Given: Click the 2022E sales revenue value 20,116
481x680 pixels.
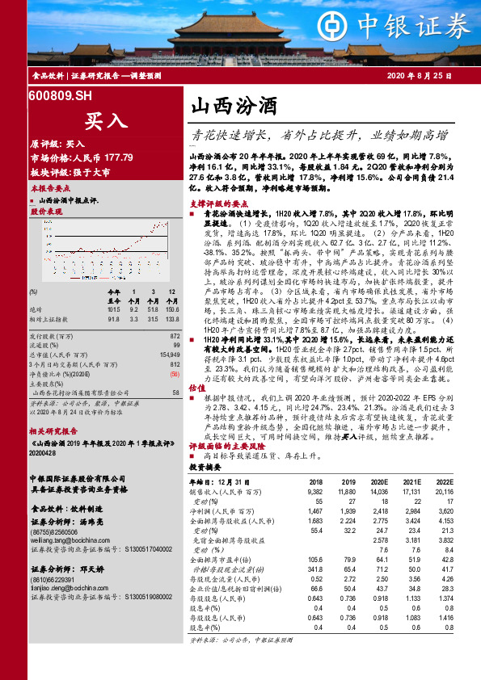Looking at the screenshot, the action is pos(445,490).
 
